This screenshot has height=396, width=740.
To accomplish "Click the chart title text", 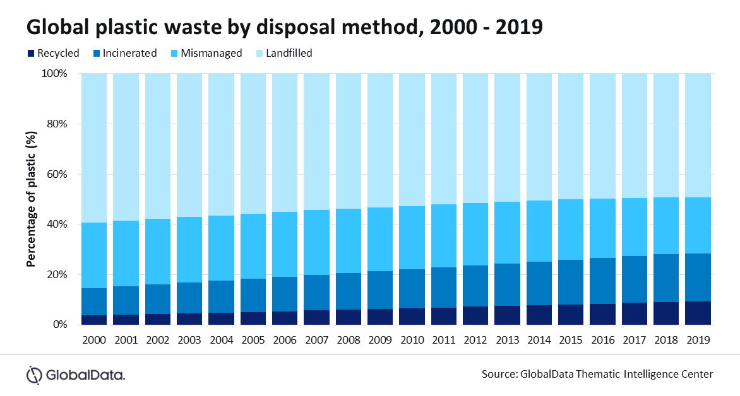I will pyautogui.click(x=283, y=26).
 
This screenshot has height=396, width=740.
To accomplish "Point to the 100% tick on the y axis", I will pyautogui.click(x=54, y=73).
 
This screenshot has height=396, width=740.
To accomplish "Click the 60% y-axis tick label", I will pyautogui.click(x=56, y=174).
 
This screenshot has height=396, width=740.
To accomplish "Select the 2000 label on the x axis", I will pyautogui.click(x=94, y=340).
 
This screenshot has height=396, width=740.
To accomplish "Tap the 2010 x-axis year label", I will pyautogui.click(x=412, y=340).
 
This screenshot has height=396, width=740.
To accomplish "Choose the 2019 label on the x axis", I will pyautogui.click(x=698, y=340).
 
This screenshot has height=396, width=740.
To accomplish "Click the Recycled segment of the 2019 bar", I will pyautogui.click(x=698, y=313).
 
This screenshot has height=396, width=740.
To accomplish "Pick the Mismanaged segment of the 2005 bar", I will pyautogui.click(x=253, y=246).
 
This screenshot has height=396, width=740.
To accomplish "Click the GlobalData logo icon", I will pyautogui.click(x=35, y=375).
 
